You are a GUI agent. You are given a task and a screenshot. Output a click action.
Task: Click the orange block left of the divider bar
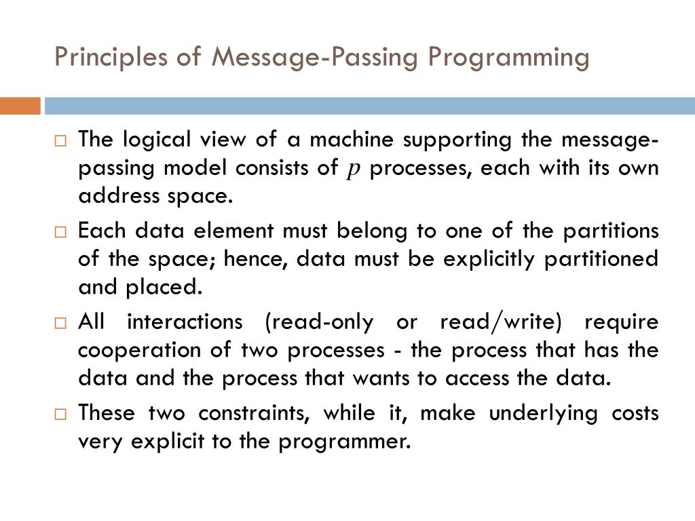[20, 107]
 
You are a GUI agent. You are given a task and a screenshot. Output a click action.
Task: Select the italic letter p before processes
[352, 169]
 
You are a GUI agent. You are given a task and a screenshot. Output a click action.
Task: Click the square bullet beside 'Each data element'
[60, 232]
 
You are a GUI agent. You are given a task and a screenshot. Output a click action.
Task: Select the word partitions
[610, 231]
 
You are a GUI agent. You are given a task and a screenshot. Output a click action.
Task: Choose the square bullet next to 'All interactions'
[60, 323]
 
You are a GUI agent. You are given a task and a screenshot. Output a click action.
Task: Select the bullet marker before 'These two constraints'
[60, 414]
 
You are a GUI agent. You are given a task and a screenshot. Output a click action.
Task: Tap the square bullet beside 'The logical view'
[60, 141]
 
